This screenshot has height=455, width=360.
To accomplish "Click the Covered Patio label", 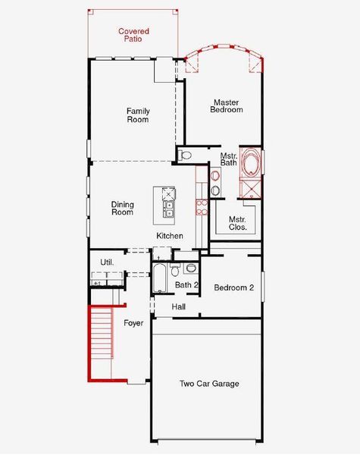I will click(133, 34).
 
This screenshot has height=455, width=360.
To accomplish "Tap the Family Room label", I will click(138, 115).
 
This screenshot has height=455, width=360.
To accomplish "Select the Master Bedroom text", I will click(226, 106).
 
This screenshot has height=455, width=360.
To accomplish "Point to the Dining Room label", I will click(122, 208).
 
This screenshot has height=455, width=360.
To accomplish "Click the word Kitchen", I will click(170, 236).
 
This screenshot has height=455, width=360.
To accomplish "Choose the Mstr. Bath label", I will click(229, 159).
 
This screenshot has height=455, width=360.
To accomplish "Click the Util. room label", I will click(107, 262).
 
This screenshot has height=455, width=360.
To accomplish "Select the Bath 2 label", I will click(186, 285).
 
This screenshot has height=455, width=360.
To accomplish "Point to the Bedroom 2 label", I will click(234, 287).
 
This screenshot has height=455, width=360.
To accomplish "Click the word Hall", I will click(179, 307).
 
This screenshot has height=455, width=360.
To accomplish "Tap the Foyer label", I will click(133, 323).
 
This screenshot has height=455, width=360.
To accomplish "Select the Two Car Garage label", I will click(209, 384).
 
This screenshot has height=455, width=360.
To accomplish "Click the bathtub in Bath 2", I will click(160, 278).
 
